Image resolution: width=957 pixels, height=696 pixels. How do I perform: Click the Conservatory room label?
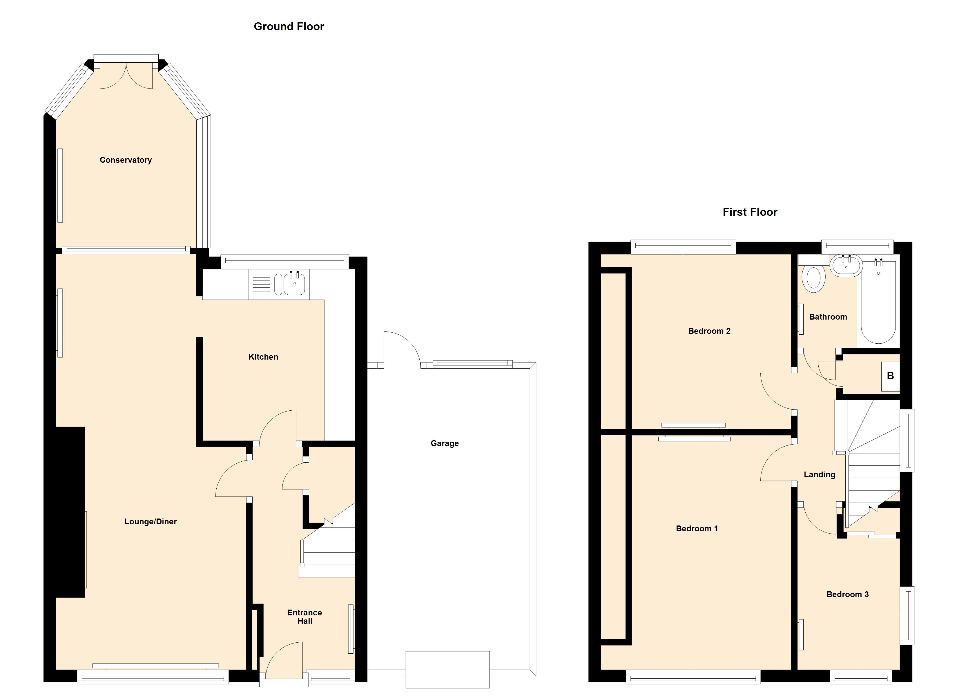[126, 160]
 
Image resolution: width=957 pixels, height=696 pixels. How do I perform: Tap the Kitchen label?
[263, 357]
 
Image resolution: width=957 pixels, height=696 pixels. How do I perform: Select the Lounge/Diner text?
[151, 522]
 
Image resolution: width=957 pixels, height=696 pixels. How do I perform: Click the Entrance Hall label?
[305, 617]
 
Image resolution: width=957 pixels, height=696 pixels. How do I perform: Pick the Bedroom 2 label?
[709, 331]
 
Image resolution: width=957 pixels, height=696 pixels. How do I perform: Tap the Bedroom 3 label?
[847, 594]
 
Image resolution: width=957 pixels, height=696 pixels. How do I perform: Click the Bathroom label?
[828, 317]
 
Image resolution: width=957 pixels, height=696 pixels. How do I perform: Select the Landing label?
[820, 475]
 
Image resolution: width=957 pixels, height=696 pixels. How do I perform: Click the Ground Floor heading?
[289, 27]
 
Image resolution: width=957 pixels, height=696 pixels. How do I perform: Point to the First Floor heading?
[750, 212]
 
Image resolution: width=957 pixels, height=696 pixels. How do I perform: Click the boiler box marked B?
[890, 376]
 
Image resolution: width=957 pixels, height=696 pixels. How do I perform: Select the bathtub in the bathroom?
[878, 302]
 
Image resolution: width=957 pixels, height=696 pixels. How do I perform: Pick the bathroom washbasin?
[846, 265]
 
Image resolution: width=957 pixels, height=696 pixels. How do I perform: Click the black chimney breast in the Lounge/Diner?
[70, 512]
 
